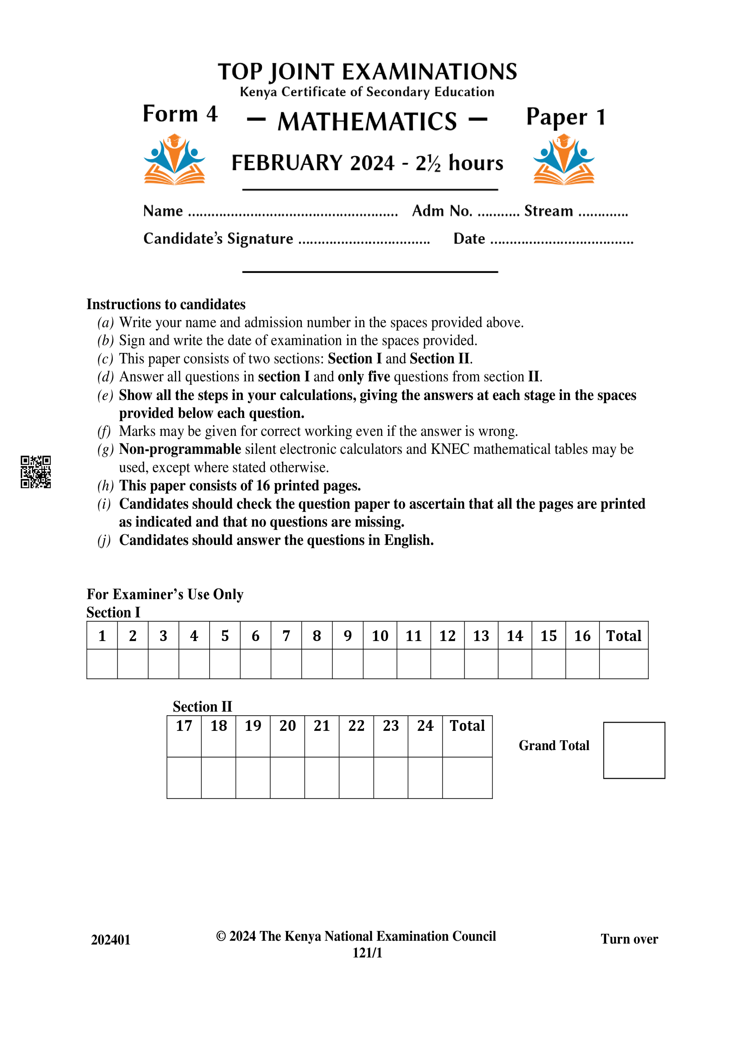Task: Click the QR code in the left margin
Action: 36,472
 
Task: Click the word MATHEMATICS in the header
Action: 367,121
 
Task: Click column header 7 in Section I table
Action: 286,636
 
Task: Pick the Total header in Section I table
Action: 623,636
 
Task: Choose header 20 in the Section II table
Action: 287,726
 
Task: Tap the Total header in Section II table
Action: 467,726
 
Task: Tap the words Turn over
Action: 629,939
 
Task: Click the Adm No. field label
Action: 442,211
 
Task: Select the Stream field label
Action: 548,211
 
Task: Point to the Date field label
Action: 469,239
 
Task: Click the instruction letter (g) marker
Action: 105,449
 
